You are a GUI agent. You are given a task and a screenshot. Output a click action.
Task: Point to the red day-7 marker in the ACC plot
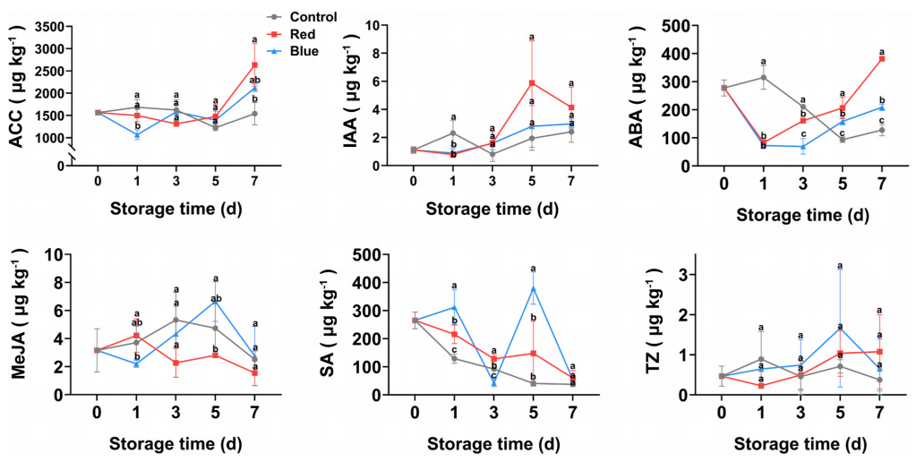(x=255, y=64)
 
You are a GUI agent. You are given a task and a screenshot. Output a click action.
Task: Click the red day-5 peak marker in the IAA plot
(x=532, y=83)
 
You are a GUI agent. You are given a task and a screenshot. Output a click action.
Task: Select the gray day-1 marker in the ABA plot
(x=763, y=77)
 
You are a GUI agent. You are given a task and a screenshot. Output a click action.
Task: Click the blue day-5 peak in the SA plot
(x=533, y=288)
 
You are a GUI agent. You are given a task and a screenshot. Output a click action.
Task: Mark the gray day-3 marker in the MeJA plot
(x=176, y=321)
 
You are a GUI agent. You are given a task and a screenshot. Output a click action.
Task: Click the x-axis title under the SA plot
(x=493, y=443)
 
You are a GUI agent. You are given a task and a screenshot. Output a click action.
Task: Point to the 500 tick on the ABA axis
(x=681, y=26)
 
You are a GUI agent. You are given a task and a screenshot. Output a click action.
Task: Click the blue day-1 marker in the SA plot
(x=454, y=307)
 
